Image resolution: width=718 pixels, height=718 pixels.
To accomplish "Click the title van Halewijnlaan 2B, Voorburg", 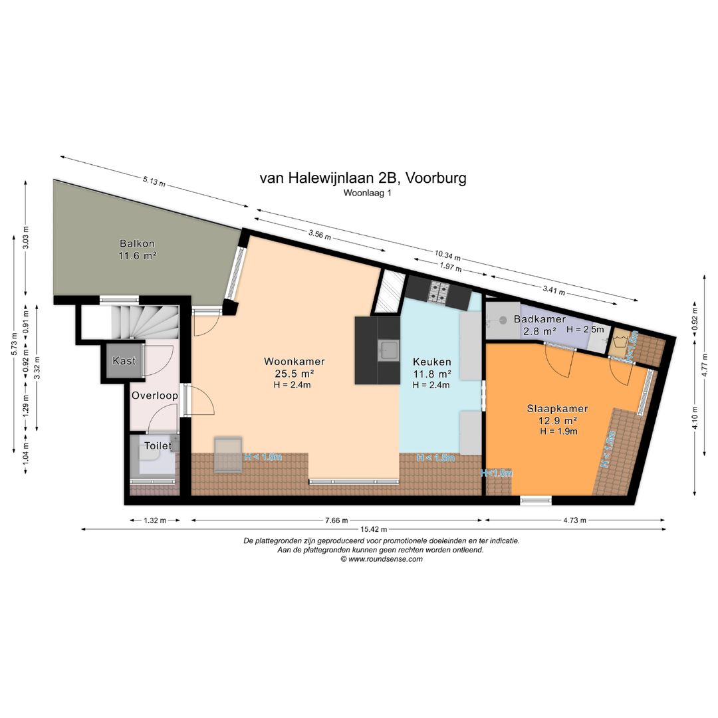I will (362, 178).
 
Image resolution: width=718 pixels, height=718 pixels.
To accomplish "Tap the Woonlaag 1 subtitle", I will (363, 193).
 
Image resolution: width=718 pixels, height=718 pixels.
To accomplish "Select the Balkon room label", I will (138, 243).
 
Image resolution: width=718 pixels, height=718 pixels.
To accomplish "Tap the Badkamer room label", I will (539, 320).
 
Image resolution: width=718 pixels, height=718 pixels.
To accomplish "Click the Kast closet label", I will (124, 361).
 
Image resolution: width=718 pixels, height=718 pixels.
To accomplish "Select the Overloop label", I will (154, 396).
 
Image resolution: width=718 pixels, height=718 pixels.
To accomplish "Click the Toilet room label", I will (158, 445).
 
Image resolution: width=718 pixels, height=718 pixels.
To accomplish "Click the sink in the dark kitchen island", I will (388, 350).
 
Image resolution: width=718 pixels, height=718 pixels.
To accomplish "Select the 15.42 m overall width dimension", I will (373, 530).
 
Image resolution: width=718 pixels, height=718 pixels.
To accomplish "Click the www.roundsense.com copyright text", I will (382, 559).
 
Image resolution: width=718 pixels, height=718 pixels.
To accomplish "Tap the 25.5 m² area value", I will (291, 374).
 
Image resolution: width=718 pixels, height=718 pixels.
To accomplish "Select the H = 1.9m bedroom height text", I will (558, 431).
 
